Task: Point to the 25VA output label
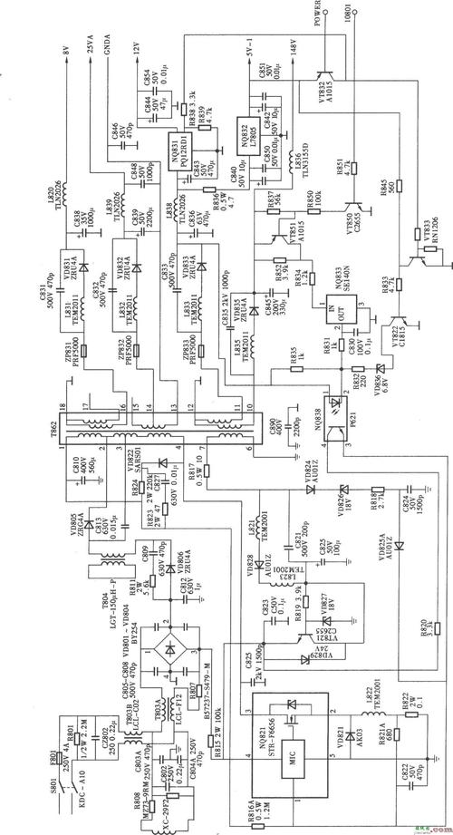click(x=90, y=46)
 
